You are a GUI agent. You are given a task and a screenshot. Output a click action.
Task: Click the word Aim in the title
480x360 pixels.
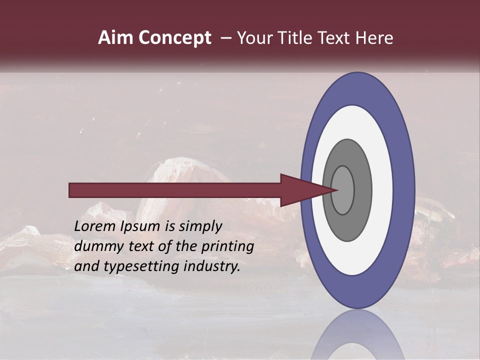pyautogui.click(x=114, y=38)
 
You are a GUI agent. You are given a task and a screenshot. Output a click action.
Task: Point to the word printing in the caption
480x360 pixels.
pyautogui.click(x=227, y=246)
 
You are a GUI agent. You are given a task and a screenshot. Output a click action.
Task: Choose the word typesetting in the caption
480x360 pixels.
pyautogui.click(x=143, y=266)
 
